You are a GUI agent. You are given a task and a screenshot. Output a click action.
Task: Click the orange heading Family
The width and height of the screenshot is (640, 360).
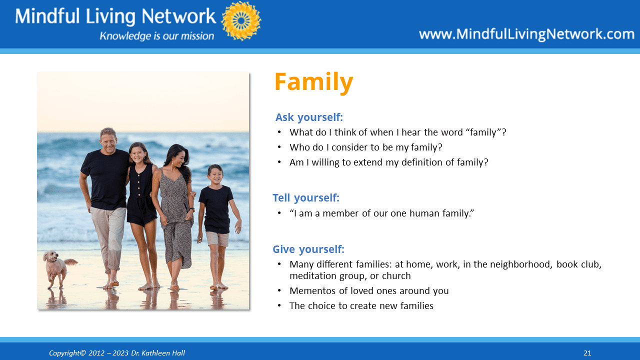pos(313,82)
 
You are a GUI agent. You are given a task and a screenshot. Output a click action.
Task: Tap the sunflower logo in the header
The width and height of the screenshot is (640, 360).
pos(241,20)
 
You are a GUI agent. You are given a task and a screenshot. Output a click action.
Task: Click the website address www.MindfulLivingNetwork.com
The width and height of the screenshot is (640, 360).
pos(526,34)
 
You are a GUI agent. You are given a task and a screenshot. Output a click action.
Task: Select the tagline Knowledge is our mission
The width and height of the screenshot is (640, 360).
pos(156,36)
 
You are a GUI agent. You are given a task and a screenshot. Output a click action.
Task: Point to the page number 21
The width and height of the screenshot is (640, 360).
pos(587,353)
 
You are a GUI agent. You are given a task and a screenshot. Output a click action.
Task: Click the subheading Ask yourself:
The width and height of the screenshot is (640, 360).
pos(309,117)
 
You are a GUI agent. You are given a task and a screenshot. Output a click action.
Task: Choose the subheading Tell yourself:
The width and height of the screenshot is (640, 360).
pos(305,197)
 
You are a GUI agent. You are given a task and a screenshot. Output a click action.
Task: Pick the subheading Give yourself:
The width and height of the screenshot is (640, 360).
pos(308,249)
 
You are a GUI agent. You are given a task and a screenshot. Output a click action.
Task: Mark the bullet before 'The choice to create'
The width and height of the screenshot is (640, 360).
pos(279,306)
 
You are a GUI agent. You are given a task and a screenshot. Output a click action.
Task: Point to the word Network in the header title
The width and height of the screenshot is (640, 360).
pos(178,16)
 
